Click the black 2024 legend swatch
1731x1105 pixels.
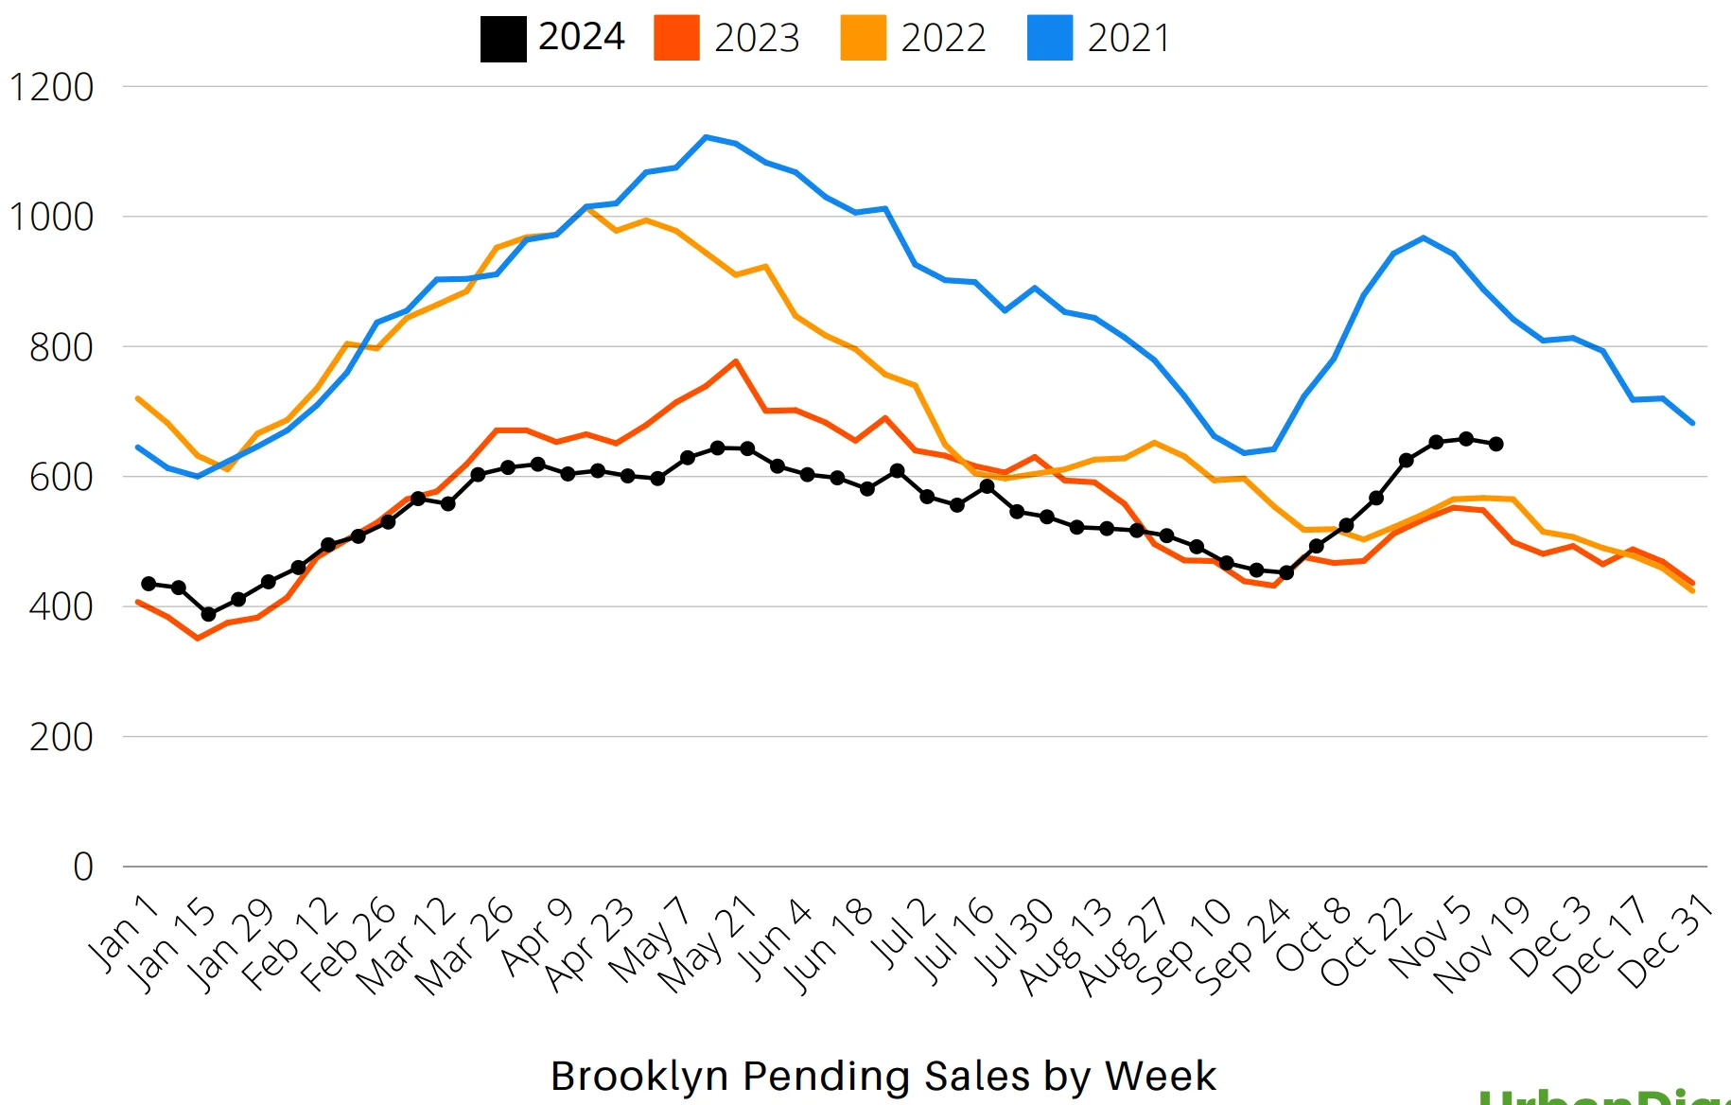(503, 39)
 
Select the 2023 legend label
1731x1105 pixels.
(757, 39)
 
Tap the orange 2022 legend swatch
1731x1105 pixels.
(863, 39)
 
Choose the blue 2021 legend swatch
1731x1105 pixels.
(1050, 39)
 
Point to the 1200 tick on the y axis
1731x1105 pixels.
(51, 88)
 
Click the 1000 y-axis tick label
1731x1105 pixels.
(51, 218)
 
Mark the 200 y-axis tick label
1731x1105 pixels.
(61, 737)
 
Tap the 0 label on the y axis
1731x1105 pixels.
(83, 867)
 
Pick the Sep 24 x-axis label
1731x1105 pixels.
(1243, 946)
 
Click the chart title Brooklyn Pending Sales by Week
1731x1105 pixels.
(883, 1076)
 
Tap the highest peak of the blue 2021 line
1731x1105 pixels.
(706, 137)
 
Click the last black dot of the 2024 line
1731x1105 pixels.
(1495, 444)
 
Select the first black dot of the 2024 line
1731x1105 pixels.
(149, 584)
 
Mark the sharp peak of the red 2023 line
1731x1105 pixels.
(735, 361)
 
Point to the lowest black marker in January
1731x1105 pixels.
(208, 614)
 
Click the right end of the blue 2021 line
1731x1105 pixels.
(1692, 423)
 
